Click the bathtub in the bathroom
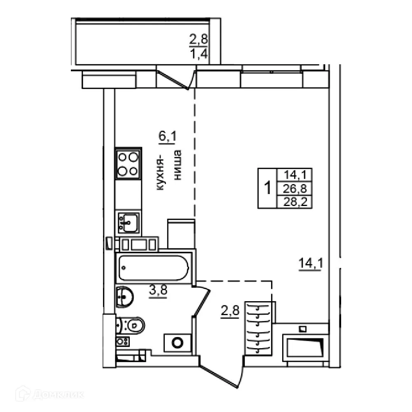153,268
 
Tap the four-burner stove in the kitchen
128,164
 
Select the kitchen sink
128,223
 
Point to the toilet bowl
132,326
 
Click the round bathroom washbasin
124,296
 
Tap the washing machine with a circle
178,342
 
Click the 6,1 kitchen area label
167,136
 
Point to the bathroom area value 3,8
158,291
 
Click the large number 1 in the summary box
267,189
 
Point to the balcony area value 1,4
199,54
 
